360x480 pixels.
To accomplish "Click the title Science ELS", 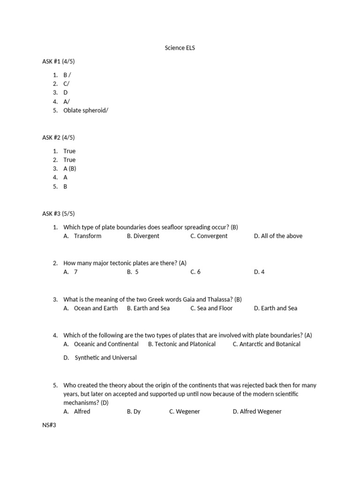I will [x=180, y=48].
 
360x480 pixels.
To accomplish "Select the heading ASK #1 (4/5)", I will [x=58, y=61].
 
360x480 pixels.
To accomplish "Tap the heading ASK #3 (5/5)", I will [x=58, y=214].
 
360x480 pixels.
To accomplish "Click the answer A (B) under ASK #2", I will [x=70, y=169].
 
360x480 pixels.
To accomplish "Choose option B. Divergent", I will [x=143, y=236].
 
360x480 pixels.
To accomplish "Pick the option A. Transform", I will [x=82, y=236].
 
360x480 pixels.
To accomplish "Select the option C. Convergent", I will [x=209, y=236].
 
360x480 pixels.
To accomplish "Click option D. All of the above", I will [x=278, y=236].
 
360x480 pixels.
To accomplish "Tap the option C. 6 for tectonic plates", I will [x=195, y=272].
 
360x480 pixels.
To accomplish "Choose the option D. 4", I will [x=259, y=272].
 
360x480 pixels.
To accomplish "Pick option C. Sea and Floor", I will [x=211, y=308].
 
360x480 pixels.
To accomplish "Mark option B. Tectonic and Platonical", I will [x=182, y=344].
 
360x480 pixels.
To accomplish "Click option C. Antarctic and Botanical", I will [x=266, y=344].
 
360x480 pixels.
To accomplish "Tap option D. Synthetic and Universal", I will [x=100, y=358].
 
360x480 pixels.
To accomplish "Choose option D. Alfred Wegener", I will [x=257, y=412].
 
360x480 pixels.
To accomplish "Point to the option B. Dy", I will [x=134, y=412].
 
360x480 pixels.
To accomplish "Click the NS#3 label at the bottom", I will [x=49, y=425].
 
